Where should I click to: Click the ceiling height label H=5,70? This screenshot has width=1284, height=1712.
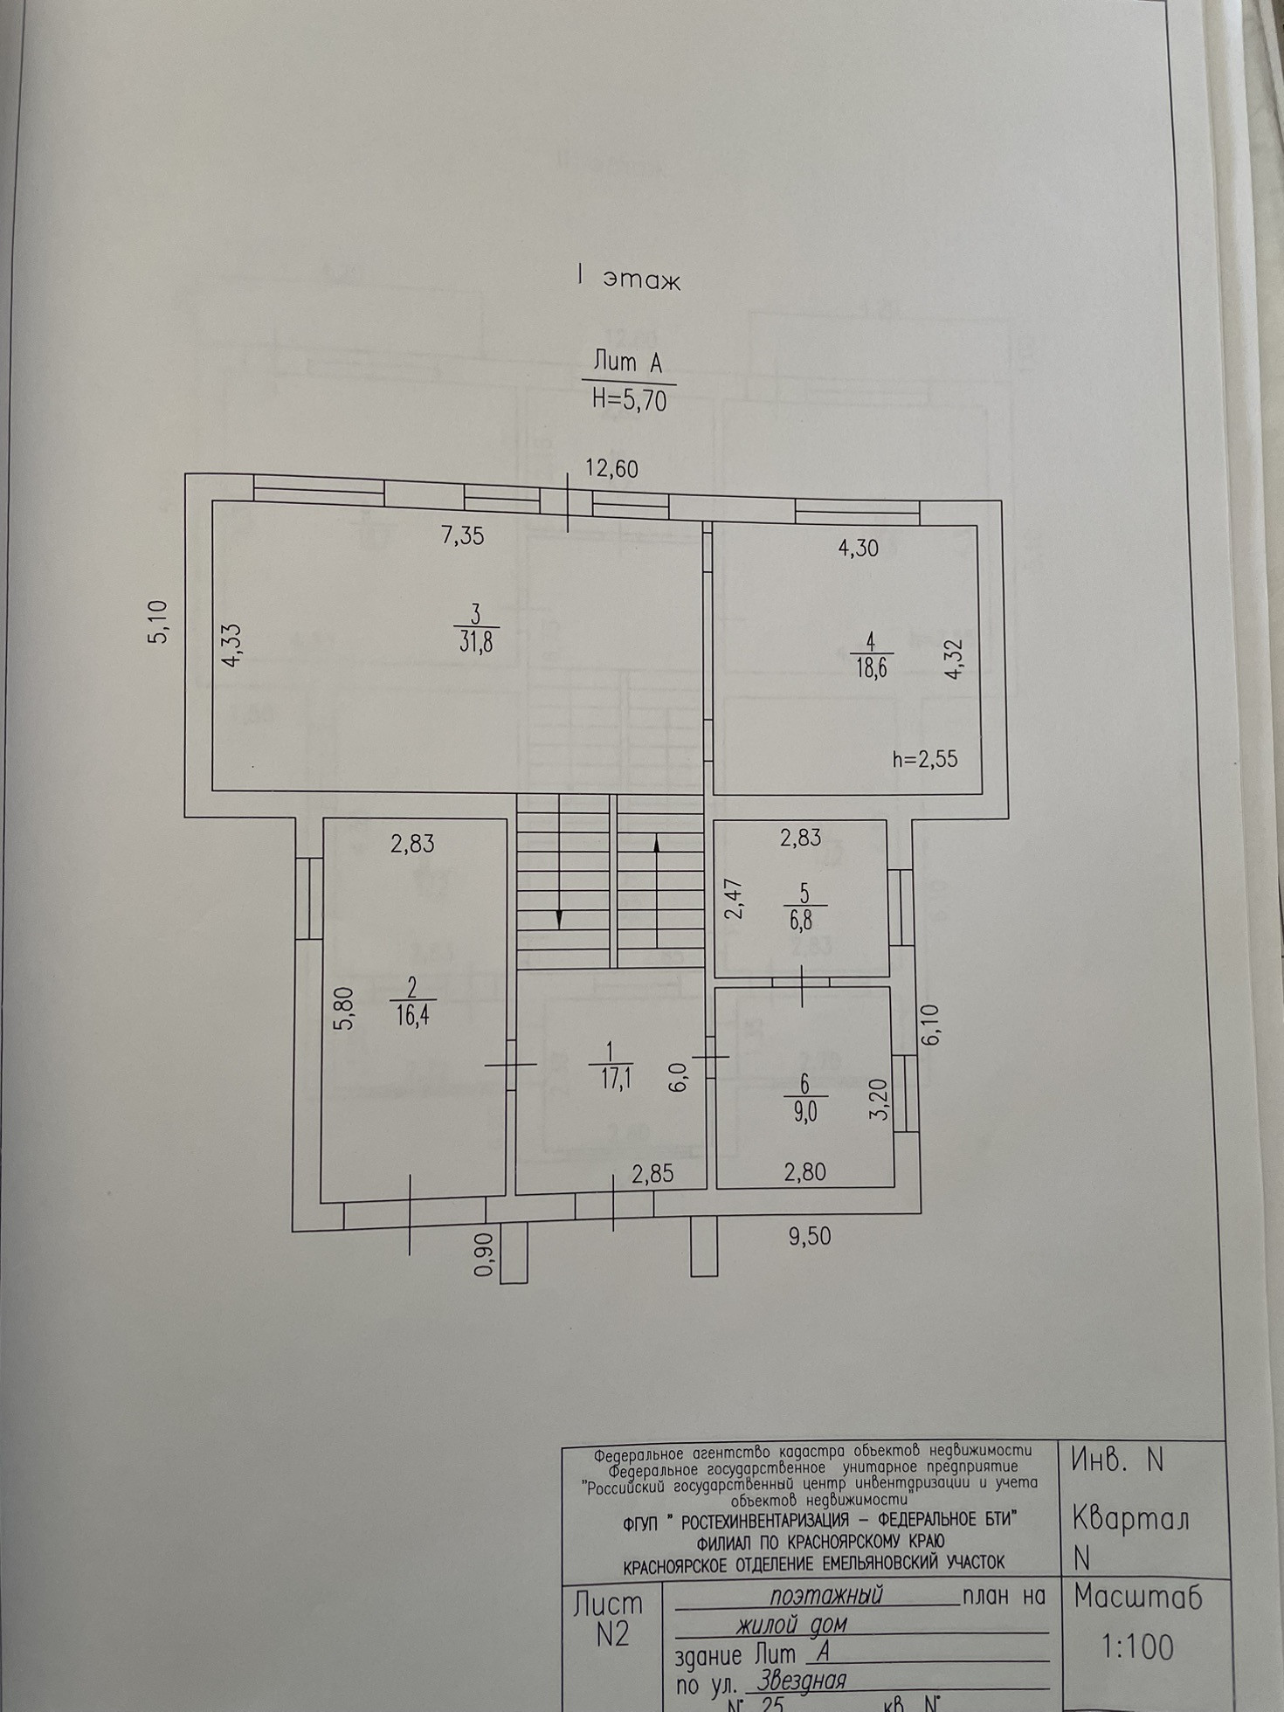tap(629, 399)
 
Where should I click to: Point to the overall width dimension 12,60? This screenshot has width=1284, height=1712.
tap(611, 469)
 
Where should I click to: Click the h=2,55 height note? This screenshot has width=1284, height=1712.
tap(925, 758)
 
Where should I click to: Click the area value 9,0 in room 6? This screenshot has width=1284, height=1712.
tap(804, 1112)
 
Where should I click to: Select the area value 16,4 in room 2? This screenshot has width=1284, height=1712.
tap(411, 1015)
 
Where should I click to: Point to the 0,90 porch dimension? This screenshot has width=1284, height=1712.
tap(483, 1253)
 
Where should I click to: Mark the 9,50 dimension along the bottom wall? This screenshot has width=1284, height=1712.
tap(809, 1236)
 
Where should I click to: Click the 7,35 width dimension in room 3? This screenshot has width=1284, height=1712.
tap(463, 535)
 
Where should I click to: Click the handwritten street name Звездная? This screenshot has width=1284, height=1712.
tap(802, 1679)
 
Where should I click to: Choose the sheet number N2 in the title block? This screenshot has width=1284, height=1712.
tap(612, 1634)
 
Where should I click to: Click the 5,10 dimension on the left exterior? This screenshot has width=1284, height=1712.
tap(160, 622)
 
